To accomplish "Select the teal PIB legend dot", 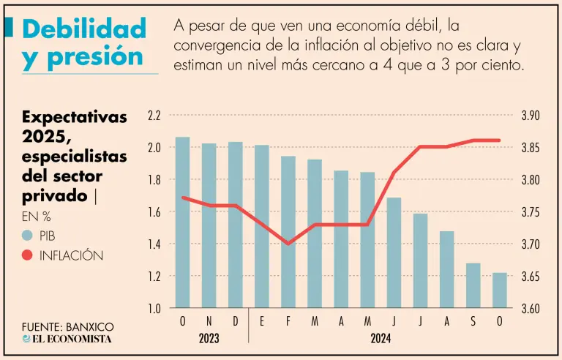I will [x=27, y=236].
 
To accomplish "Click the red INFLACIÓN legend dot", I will [x=27, y=255].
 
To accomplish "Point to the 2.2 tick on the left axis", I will [x=154, y=116].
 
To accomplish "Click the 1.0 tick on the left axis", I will [x=154, y=309].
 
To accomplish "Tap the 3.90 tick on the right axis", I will [x=530, y=116].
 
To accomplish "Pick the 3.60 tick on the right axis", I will [x=530, y=309].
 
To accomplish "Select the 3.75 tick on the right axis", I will [x=530, y=212].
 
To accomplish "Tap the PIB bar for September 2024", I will [x=473, y=285].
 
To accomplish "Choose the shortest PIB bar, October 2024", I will [x=499, y=290].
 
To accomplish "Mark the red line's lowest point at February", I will [x=288, y=244].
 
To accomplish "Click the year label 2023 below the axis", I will [x=209, y=339].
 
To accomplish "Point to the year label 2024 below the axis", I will [x=381, y=339].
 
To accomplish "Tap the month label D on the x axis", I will [x=235, y=322].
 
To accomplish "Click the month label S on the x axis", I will [x=473, y=322].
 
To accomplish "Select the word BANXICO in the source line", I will [x=90, y=326].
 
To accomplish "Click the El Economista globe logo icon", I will [x=27, y=339].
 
